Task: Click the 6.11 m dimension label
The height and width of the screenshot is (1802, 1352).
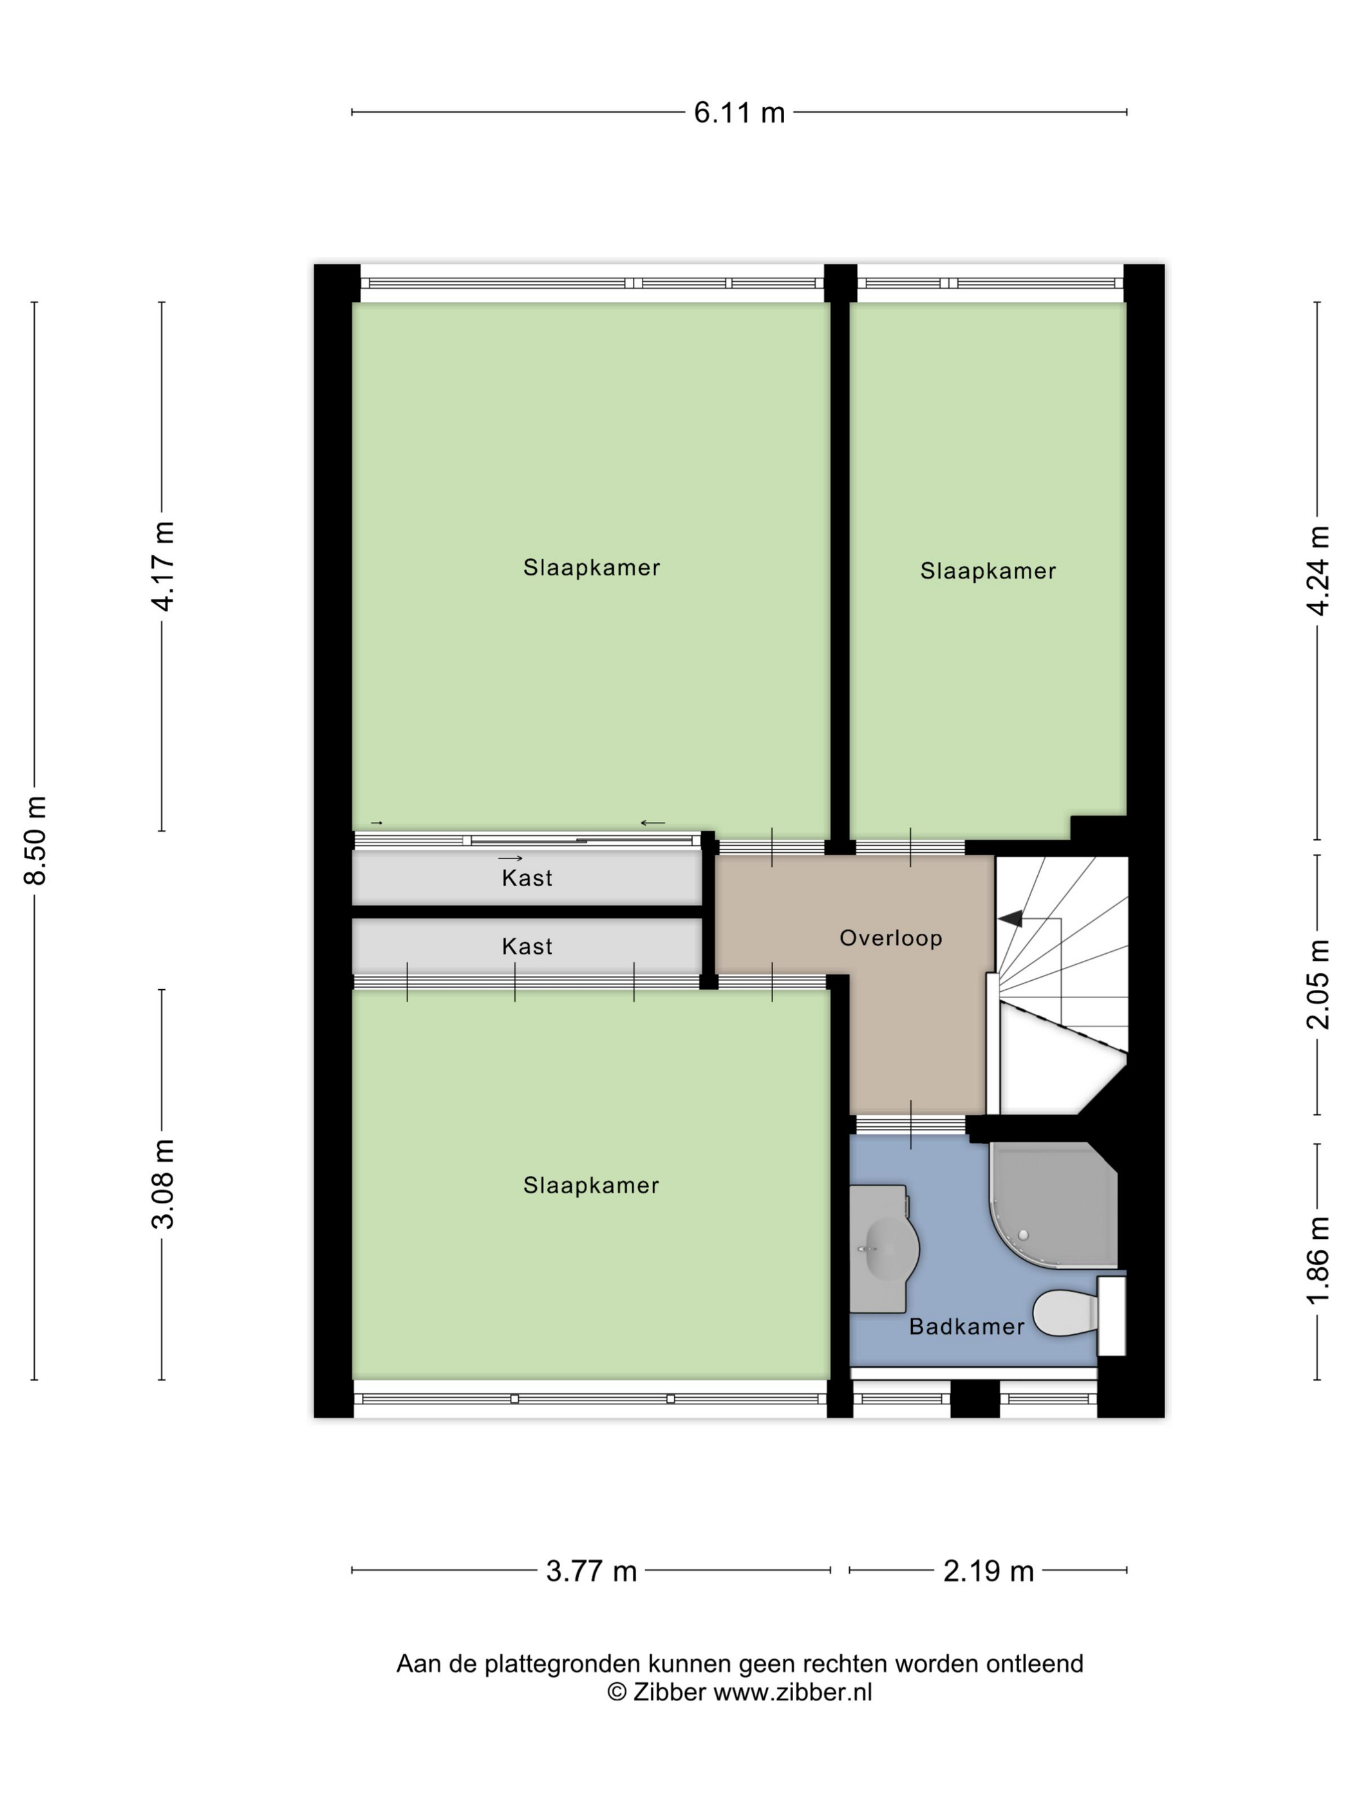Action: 738,113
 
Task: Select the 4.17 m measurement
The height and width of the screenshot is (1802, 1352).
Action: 163,566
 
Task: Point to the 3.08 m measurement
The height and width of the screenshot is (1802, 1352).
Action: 163,1184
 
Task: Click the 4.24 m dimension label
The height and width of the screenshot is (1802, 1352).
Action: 1318,570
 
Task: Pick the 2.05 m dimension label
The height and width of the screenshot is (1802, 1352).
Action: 1318,984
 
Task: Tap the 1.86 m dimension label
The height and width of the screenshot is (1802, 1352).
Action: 1318,1260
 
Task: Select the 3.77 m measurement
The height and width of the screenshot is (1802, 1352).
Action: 591,1572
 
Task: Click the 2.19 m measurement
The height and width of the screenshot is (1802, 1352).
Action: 988,1572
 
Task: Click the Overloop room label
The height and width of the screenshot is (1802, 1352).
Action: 890,938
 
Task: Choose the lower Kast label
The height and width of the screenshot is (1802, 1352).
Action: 527,947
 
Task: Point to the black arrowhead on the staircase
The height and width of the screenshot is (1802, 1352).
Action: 1011,919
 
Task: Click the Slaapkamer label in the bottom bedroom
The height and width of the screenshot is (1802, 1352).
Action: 591,1185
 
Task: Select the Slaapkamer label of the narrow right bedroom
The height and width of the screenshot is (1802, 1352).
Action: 988,571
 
